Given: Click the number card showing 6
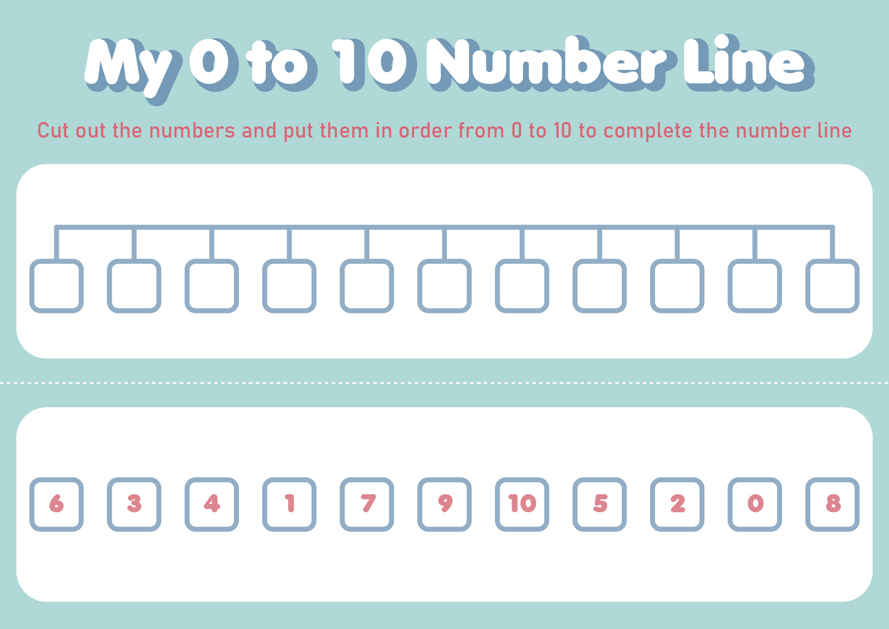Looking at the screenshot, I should coord(56,504).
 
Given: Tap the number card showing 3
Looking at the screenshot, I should coord(134,504).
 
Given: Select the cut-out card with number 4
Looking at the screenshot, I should coord(212,504).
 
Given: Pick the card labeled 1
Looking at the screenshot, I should coord(289,504).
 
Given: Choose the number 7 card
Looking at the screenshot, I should coord(367,504).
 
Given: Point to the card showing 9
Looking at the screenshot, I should coord(444,504).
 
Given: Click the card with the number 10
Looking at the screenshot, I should coord(522,504).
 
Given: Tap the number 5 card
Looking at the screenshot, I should coord(600,504).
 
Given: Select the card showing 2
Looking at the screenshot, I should coord(677,504).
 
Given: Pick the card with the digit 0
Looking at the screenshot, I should coord(755,504).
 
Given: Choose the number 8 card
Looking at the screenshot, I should coord(832,504).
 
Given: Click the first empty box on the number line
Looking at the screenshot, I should coord(56,286).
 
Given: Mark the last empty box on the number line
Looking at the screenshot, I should coord(832,286).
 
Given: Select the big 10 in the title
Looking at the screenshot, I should coord(373,63).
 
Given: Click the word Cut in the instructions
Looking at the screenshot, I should coord(53,131).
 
